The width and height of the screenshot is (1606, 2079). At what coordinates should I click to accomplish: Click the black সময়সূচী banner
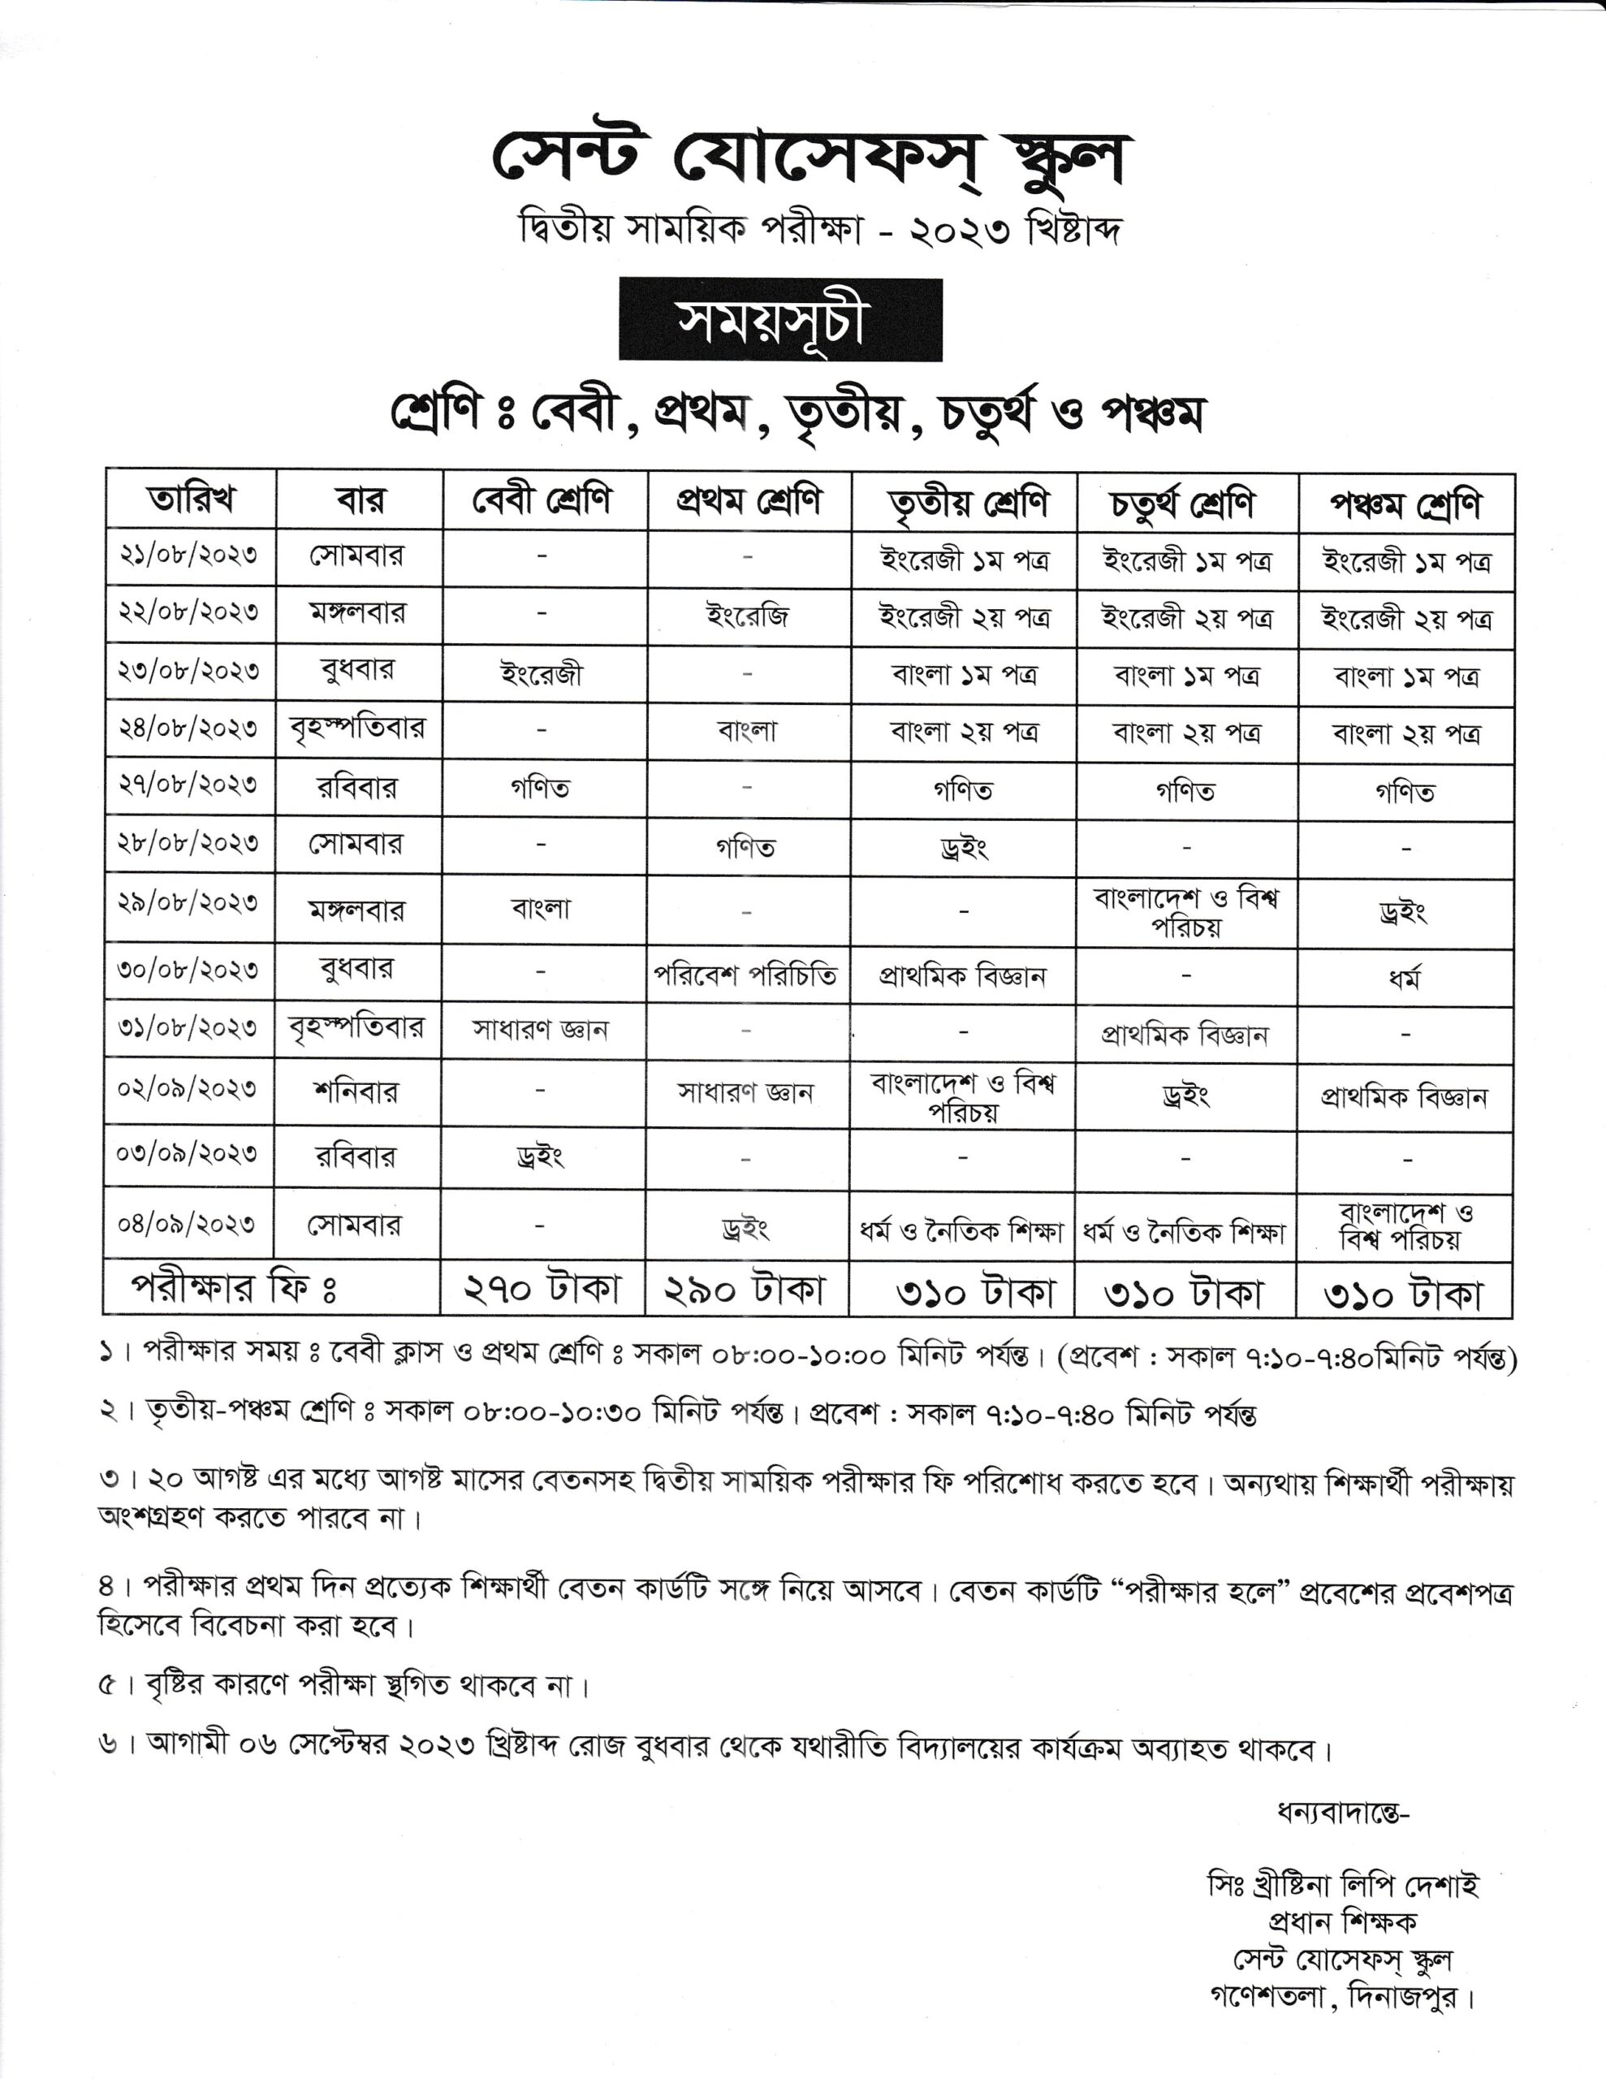[x=779, y=320]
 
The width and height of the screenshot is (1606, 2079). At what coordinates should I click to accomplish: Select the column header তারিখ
[x=190, y=499]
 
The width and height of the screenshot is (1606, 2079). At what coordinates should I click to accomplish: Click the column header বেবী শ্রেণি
[x=542, y=499]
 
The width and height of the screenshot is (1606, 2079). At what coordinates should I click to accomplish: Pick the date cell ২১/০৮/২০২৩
[x=188, y=556]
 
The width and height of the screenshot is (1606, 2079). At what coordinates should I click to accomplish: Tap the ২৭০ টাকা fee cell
[x=542, y=1289]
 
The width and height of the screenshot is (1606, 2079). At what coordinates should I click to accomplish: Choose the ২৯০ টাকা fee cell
[x=746, y=1289]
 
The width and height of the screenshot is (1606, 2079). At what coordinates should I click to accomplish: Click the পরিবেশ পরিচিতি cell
[x=746, y=975]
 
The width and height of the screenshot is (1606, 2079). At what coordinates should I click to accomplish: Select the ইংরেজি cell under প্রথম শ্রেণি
[x=747, y=617]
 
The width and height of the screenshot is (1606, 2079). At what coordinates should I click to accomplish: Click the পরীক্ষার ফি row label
[x=234, y=1288]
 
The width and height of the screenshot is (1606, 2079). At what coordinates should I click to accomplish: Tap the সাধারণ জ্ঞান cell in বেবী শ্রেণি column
[x=540, y=1029]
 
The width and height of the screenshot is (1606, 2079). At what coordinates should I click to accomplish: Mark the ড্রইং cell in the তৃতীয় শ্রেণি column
[x=964, y=846]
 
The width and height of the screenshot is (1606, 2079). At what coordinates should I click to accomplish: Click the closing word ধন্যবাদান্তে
[x=1342, y=1813]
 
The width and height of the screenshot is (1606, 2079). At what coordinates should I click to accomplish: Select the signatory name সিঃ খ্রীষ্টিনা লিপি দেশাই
[x=1342, y=1886]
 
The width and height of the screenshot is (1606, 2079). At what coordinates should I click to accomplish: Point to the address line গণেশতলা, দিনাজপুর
[x=1342, y=1996]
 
